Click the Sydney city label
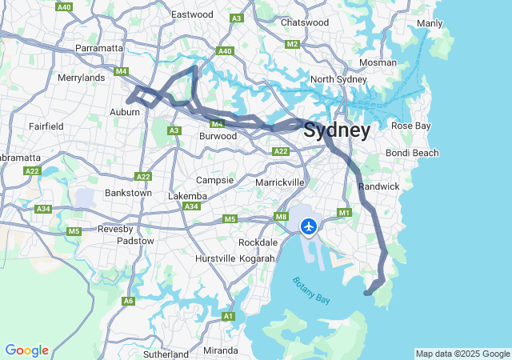coord(337,130)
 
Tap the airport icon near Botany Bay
coord(309,227)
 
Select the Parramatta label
coord(98,48)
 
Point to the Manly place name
coord(430,23)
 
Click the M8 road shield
coord(281,217)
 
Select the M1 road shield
coord(345,213)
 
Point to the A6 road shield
coord(128,301)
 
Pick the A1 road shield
coord(228,317)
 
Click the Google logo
coord(26,350)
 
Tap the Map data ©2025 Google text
coord(462,354)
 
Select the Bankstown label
coord(129,193)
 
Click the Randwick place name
coord(378,186)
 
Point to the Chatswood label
coord(305,22)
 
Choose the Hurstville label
coord(215,258)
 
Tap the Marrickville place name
coord(279,182)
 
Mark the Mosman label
coord(378,62)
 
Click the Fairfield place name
coord(46,126)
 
